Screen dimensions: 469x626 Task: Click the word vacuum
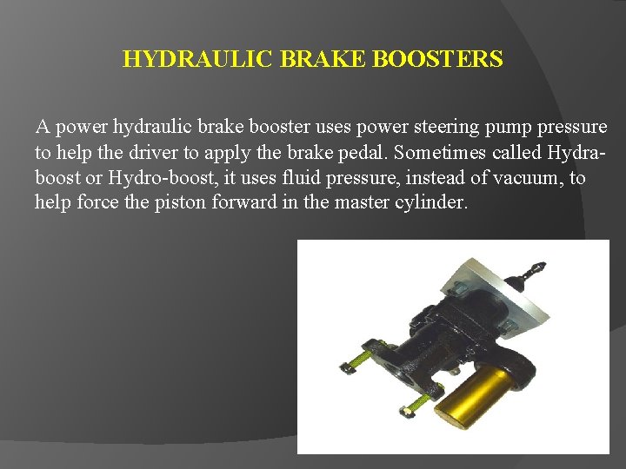coord(532,178)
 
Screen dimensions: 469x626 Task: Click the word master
coord(352,203)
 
